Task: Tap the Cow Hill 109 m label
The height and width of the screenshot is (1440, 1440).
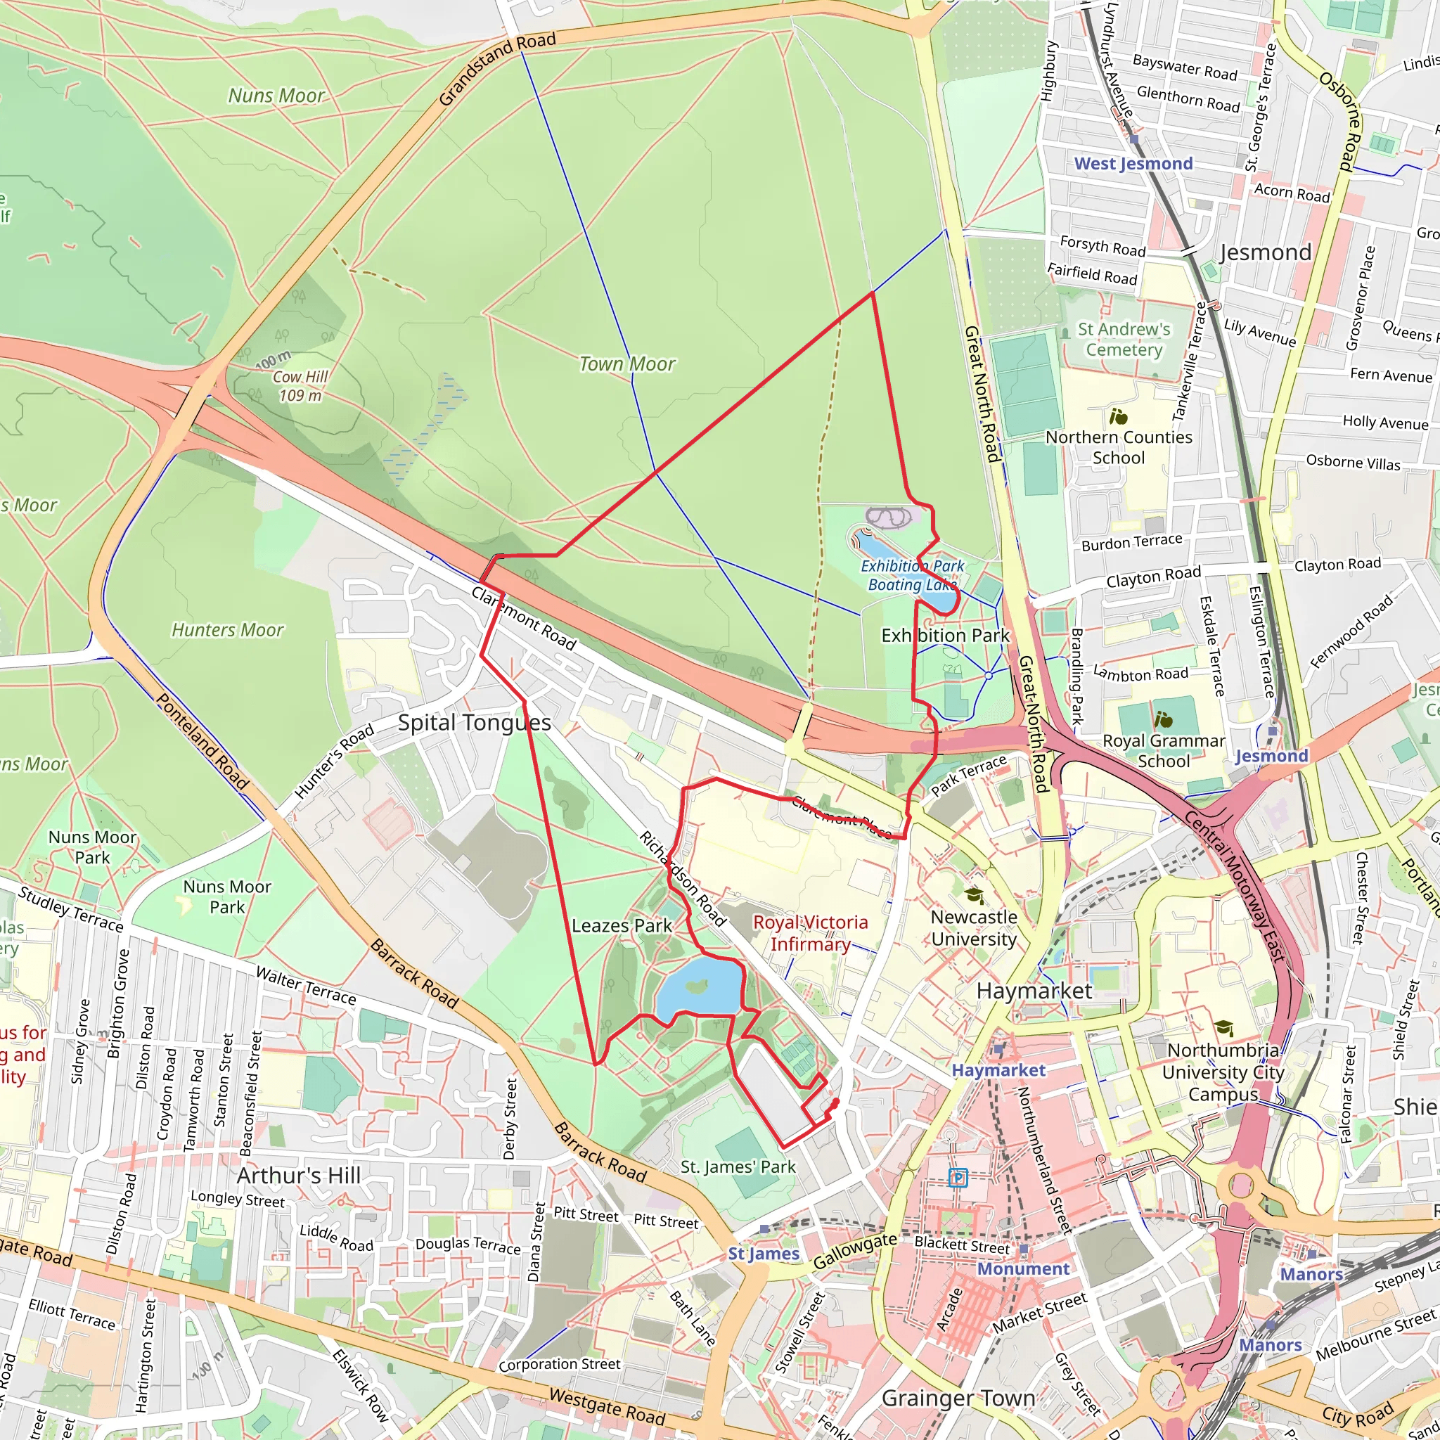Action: point(300,386)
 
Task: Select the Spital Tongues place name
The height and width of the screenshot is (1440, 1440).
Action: point(474,722)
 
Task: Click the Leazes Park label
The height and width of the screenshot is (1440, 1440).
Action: point(622,926)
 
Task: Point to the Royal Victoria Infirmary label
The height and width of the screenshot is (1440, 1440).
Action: point(810,933)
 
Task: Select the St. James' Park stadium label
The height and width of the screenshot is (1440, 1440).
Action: point(738,1166)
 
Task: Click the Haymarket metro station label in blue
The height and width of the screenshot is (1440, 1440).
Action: point(998,1070)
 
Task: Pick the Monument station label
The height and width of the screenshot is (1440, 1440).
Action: point(1022,1268)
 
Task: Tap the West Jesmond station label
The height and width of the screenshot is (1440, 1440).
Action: point(1132,164)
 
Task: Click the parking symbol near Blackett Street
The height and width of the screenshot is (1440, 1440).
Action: point(958,1178)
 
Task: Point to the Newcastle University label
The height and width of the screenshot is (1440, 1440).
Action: point(973,928)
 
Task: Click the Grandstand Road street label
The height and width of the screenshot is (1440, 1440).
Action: point(497,70)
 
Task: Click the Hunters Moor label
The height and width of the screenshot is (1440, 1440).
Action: point(227,630)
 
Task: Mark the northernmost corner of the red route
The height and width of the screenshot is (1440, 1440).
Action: point(873,293)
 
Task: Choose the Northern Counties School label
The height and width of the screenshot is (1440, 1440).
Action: point(1118,447)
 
